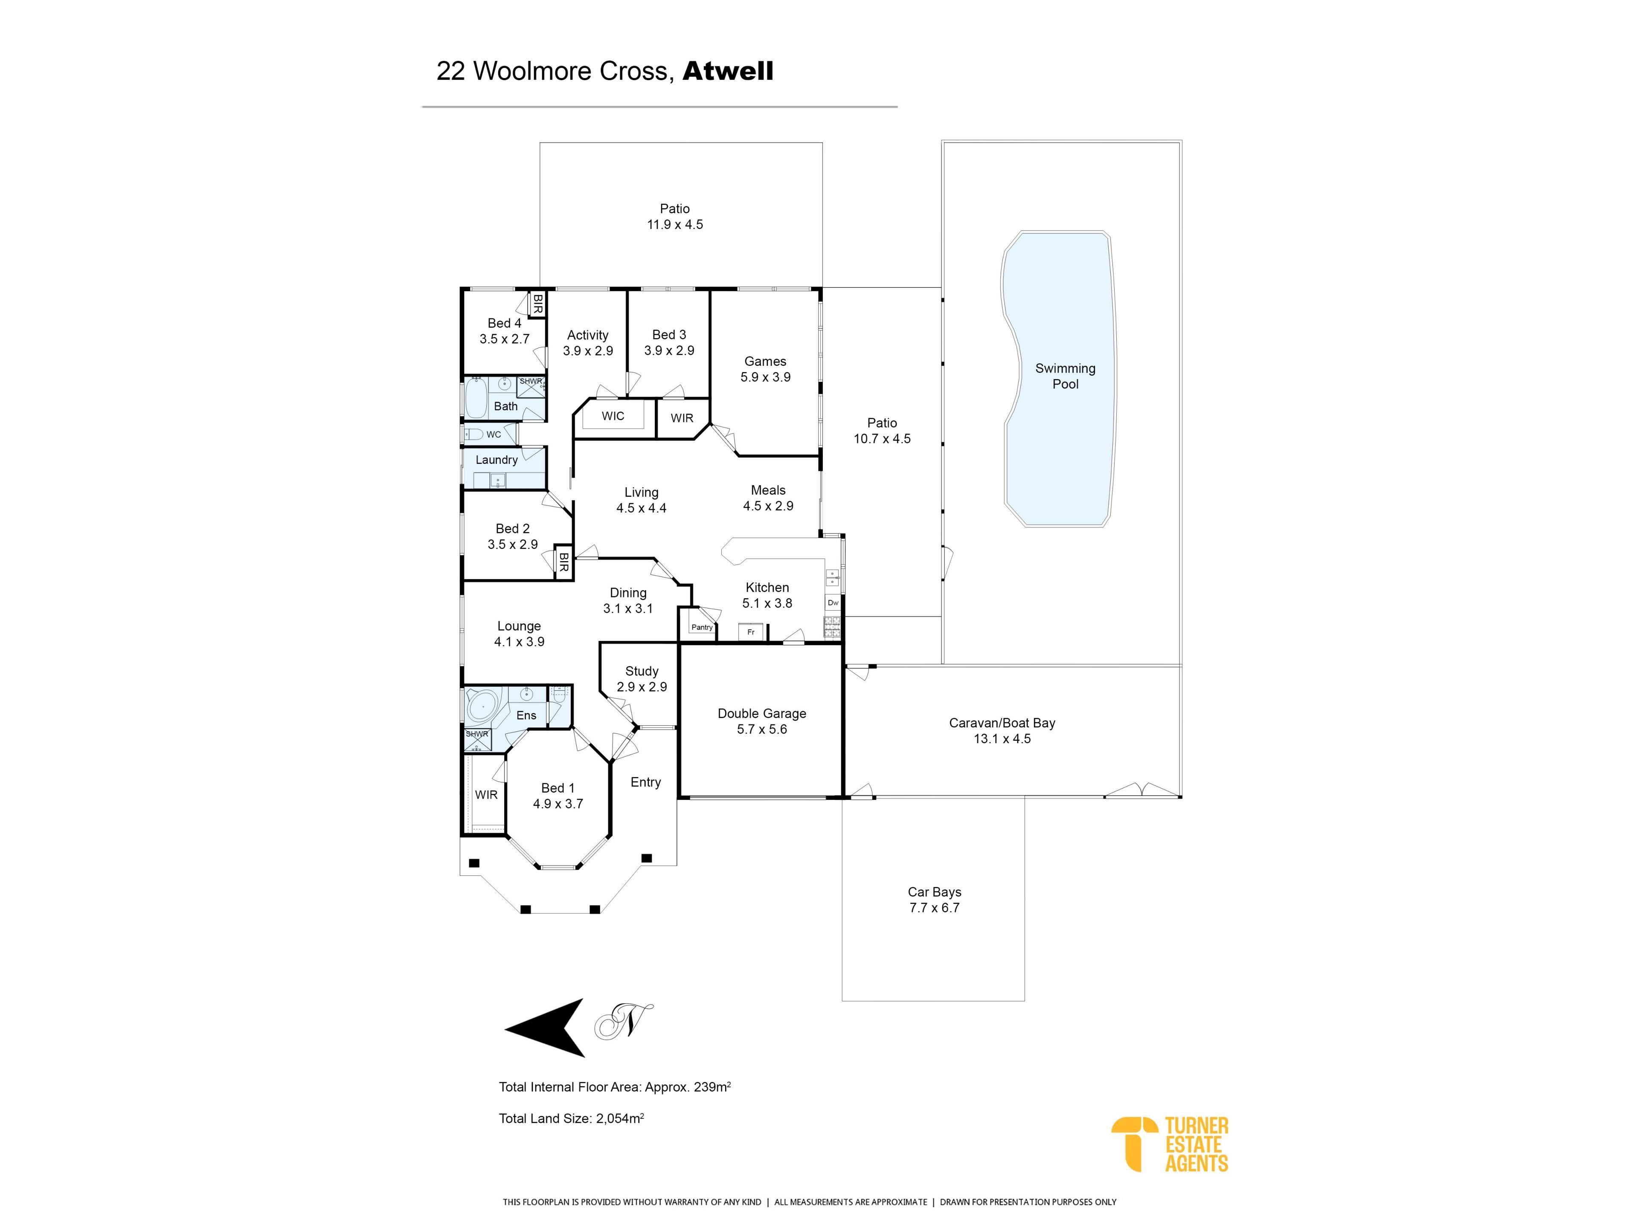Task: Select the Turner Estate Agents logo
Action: (x=1170, y=1144)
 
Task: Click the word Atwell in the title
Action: (x=728, y=71)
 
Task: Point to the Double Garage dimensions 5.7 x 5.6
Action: (x=762, y=729)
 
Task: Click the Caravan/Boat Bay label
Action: (x=1002, y=723)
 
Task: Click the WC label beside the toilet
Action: (x=494, y=434)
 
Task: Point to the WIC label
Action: (x=613, y=416)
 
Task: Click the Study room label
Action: (x=642, y=672)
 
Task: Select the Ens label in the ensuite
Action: (x=526, y=715)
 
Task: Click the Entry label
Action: (x=646, y=782)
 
